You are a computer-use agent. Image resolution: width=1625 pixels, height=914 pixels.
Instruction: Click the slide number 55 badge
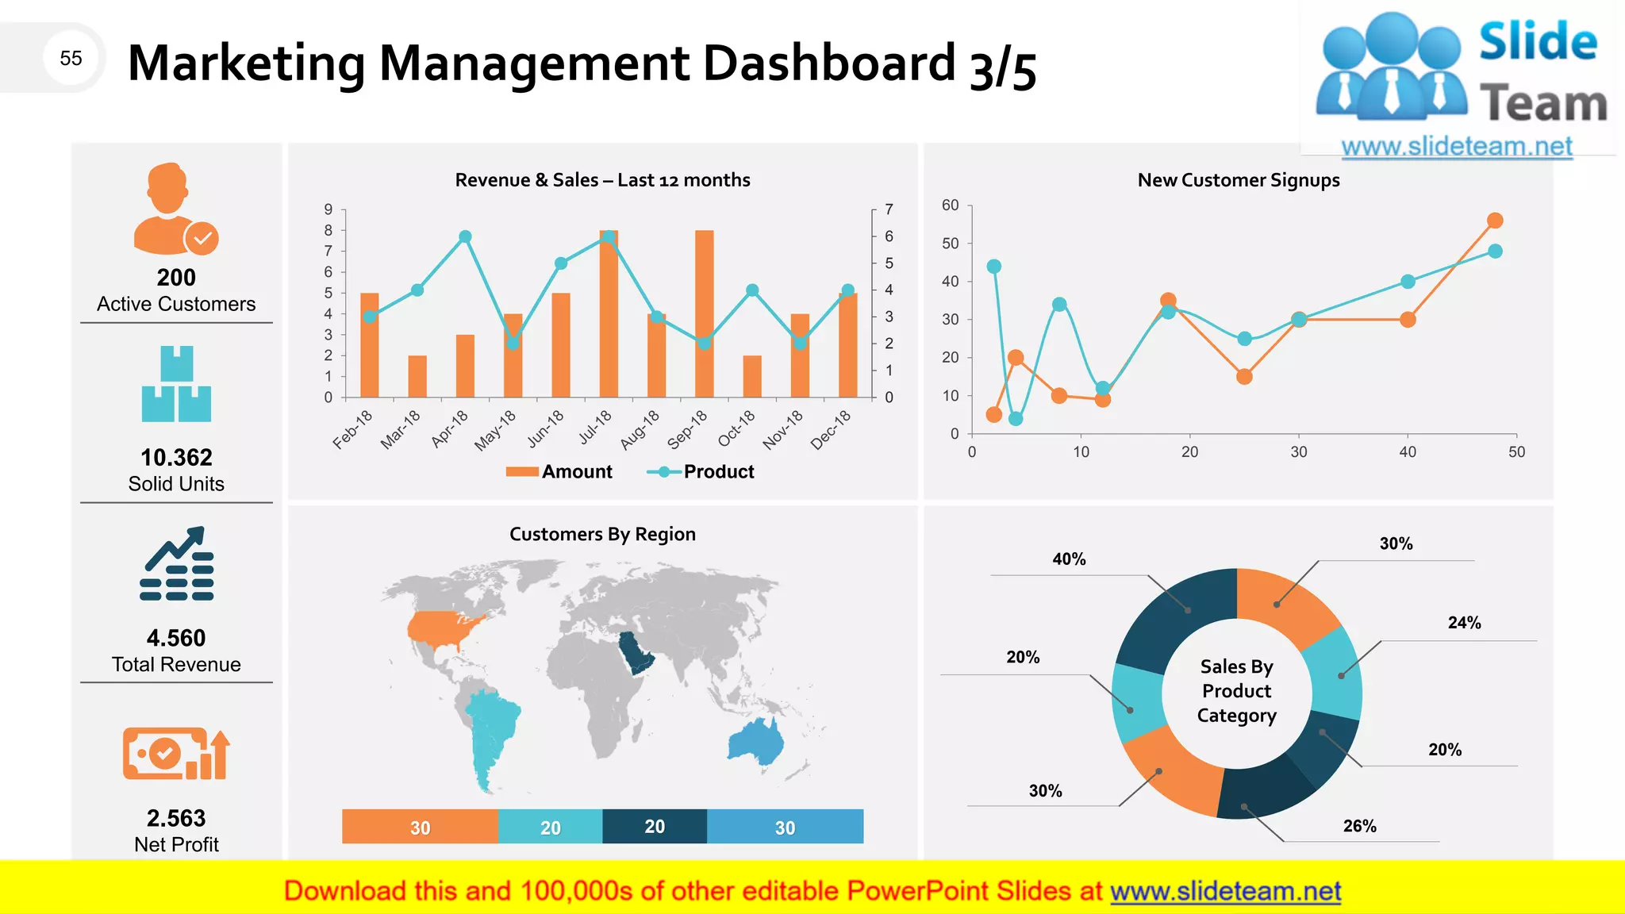(71, 58)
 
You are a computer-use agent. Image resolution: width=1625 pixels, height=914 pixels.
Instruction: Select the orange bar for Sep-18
(704, 317)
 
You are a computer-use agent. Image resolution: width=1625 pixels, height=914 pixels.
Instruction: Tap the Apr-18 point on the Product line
(466, 236)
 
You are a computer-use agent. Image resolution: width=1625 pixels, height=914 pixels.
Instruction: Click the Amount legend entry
(560, 472)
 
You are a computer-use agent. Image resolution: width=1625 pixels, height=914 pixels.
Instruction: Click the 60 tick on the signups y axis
(950, 205)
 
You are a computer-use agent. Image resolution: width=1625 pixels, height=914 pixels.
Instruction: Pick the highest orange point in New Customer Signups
(1495, 221)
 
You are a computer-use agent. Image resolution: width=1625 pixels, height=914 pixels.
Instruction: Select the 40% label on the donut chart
(1069, 559)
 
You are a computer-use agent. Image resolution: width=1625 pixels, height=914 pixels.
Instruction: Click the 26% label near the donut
(1359, 826)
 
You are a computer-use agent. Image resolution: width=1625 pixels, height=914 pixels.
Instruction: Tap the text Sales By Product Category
(1236, 691)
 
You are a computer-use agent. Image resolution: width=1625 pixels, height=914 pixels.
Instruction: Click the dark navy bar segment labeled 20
(655, 827)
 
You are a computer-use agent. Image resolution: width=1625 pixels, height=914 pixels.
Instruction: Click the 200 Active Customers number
(176, 278)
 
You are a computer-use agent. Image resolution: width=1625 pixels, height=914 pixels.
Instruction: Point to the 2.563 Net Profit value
(176, 818)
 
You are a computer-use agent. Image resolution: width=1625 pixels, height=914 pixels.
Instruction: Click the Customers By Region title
(602, 534)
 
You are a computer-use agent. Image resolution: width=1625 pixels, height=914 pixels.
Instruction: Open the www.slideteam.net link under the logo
(1456, 147)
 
